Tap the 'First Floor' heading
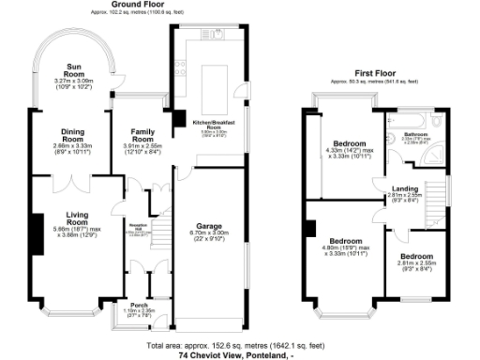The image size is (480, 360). pos(372,73)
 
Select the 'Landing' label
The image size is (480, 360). pos(405,189)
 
